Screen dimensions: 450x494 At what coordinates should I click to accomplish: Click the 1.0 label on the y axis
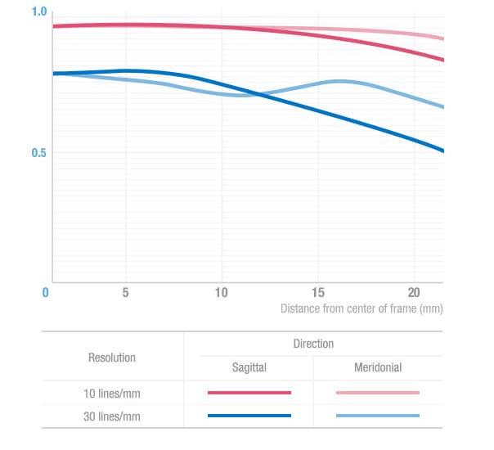pyautogui.click(x=38, y=12)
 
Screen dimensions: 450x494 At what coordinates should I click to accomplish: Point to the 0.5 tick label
pyautogui.click(x=38, y=153)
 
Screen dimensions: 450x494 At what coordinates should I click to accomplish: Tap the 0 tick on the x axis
pyautogui.click(x=47, y=292)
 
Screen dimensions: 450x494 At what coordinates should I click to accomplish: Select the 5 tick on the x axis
pyautogui.click(x=125, y=292)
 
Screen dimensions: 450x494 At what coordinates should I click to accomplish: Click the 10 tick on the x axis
pyautogui.click(x=221, y=292)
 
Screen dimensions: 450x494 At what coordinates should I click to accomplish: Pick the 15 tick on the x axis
pyautogui.click(x=317, y=292)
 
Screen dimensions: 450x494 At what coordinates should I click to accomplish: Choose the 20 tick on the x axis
pyautogui.click(x=414, y=292)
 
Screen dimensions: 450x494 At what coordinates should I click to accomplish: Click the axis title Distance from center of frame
pyautogui.click(x=362, y=309)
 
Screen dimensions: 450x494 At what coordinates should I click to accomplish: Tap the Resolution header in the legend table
pyautogui.click(x=111, y=358)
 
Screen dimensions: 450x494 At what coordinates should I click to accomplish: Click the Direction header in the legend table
pyautogui.click(x=313, y=344)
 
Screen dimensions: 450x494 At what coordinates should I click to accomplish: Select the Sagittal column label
pyautogui.click(x=249, y=367)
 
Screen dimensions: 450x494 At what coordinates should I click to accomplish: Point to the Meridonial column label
pyautogui.click(x=377, y=367)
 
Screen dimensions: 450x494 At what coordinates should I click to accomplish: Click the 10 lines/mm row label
pyautogui.click(x=112, y=393)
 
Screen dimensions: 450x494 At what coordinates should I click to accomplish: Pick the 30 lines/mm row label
pyautogui.click(x=112, y=416)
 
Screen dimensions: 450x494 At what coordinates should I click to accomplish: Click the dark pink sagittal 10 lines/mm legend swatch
pyautogui.click(x=249, y=393)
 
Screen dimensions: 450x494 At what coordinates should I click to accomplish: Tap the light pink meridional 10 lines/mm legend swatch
pyautogui.click(x=378, y=393)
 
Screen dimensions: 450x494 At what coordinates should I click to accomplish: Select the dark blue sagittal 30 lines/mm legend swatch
pyautogui.click(x=249, y=416)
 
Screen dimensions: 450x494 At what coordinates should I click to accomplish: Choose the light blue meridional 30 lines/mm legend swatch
pyautogui.click(x=378, y=416)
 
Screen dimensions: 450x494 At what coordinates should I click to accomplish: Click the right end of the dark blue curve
pyautogui.click(x=442, y=151)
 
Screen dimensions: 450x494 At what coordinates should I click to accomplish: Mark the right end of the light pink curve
pyautogui.click(x=442, y=38)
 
